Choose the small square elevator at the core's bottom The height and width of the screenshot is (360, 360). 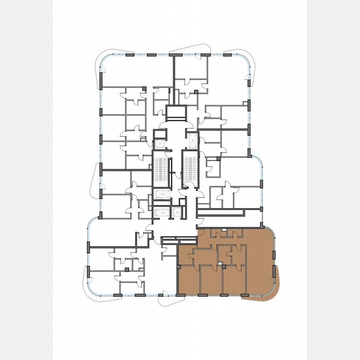coord(177,212)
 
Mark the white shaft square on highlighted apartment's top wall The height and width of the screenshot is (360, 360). coord(224,230)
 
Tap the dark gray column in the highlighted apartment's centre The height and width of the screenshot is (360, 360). coord(223,266)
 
